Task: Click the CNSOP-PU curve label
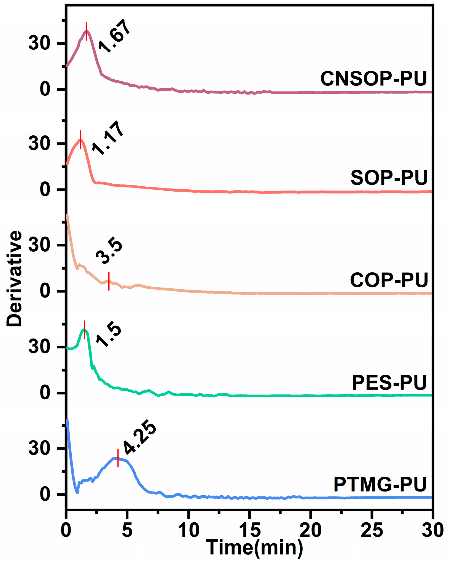point(373,79)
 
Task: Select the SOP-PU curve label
point(389,178)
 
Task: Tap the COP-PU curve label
point(389,280)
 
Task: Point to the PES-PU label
point(389,383)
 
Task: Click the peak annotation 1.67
point(114,36)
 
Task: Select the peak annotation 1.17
point(107,138)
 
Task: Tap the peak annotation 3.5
point(109,252)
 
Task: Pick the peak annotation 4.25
point(139,437)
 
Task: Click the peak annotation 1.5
point(109,336)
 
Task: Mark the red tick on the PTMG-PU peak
point(118,458)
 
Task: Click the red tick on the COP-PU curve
point(109,281)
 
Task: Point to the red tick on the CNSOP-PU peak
point(86,31)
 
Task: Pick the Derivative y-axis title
point(14,278)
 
